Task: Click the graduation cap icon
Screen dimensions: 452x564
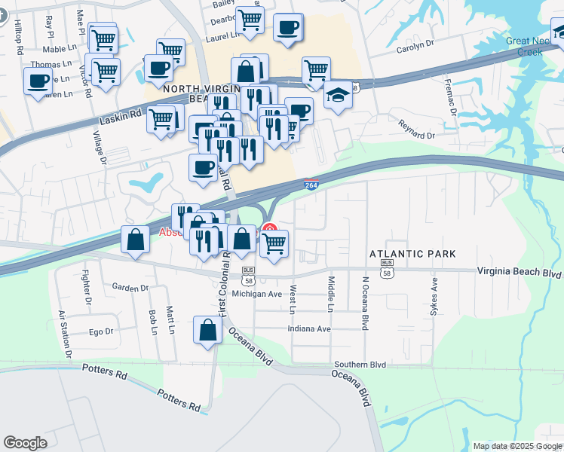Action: point(338,97)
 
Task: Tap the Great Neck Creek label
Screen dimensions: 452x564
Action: point(529,47)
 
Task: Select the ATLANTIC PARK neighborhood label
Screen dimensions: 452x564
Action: point(412,254)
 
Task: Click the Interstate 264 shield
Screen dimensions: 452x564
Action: point(310,184)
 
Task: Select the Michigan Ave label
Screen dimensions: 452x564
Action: point(256,294)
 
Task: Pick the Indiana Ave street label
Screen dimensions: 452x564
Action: point(309,329)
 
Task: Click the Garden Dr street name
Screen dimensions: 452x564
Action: point(130,288)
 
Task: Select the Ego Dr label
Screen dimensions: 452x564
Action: point(101,331)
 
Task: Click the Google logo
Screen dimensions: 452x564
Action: point(26,443)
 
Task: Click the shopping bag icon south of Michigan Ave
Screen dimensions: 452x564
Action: point(207,330)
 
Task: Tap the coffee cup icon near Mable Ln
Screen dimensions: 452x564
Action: point(38,81)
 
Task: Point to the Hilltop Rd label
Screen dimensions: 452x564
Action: point(17,35)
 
